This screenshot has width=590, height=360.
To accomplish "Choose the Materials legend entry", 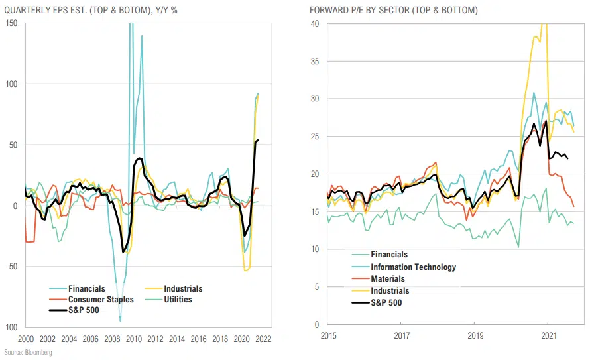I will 388,279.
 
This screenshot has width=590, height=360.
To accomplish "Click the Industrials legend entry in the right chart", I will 390,291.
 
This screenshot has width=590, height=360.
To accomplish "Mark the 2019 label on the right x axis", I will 474,336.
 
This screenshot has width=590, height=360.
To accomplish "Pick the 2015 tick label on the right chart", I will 329,336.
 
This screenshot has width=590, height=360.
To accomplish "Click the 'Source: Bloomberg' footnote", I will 28,353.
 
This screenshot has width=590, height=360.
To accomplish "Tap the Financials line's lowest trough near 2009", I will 120,320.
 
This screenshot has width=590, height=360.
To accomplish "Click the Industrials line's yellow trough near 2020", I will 246,270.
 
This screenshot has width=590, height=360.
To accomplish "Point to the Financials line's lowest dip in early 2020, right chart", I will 518,247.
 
